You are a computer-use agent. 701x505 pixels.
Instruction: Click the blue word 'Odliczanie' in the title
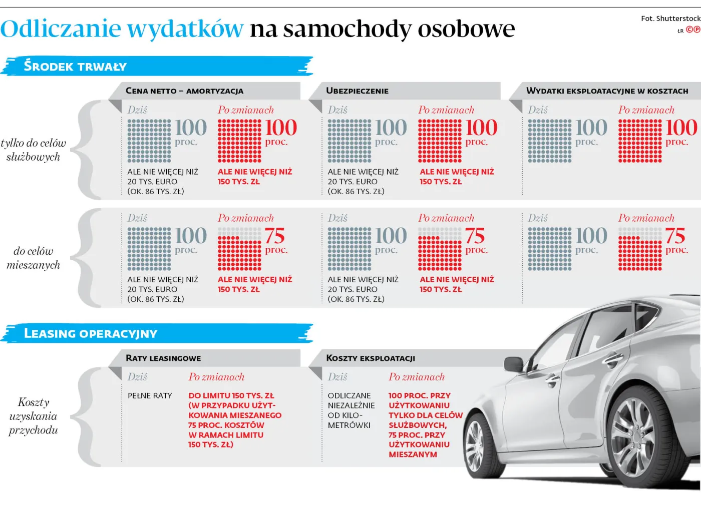point(61,29)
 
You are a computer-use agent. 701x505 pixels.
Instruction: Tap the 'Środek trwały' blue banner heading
point(75,67)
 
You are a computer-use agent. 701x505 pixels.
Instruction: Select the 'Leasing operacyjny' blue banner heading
point(91,334)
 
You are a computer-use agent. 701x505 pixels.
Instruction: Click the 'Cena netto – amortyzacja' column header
point(184,91)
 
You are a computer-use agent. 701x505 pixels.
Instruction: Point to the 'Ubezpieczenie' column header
point(357,91)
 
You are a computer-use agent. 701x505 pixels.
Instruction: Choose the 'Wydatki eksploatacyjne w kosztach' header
point(607,91)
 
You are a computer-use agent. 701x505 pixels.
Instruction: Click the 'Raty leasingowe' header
point(163,358)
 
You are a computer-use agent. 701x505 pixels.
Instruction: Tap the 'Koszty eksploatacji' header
point(371,358)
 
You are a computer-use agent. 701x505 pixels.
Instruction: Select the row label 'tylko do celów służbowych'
point(33,150)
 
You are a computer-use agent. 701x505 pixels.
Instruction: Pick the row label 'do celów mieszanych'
point(33,258)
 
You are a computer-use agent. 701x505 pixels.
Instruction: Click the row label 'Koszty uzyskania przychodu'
point(33,416)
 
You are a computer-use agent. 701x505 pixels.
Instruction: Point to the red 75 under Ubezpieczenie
point(475,236)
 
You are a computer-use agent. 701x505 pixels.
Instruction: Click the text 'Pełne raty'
point(150,396)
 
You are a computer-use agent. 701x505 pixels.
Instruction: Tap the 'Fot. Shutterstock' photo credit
point(670,19)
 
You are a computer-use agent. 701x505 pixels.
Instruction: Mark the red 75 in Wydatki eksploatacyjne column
point(675,236)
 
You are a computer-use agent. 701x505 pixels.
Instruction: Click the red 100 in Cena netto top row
point(281,128)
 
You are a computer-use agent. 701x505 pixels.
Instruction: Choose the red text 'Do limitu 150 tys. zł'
point(231,396)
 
